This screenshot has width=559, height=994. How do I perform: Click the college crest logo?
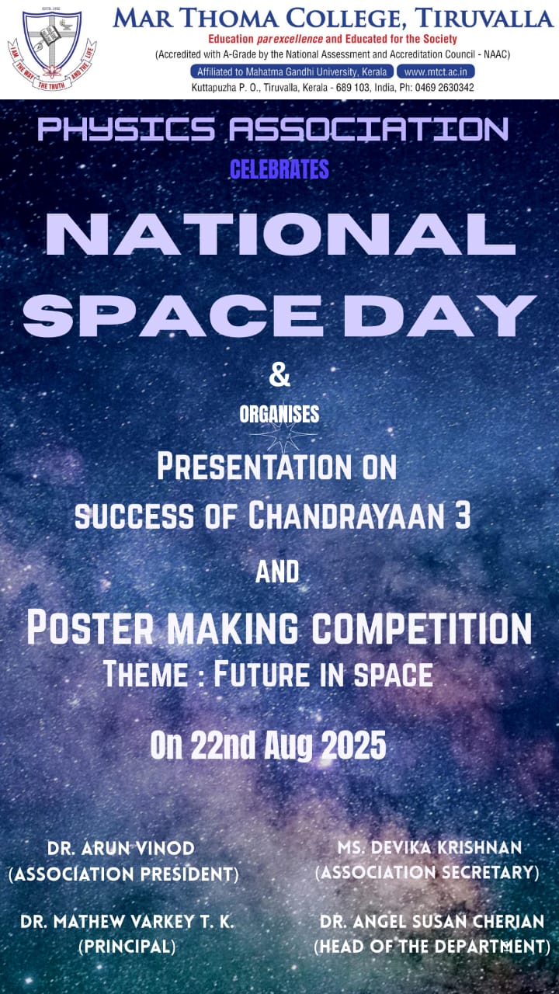52,49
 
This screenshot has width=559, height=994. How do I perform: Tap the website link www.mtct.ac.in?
436,71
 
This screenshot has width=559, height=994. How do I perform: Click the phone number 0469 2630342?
444,88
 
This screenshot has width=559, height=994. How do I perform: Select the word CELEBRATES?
279,169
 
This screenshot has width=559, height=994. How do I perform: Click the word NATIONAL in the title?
280,234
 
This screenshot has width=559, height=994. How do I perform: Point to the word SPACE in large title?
172,315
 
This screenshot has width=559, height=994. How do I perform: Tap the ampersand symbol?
279,375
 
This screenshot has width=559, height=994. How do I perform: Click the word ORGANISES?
279,414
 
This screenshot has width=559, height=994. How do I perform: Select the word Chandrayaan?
345,516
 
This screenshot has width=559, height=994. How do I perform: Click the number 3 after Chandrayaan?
462,516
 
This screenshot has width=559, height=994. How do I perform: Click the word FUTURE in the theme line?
262,674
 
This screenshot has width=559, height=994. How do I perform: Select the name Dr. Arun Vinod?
120,849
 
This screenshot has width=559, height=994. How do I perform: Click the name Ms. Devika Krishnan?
429,847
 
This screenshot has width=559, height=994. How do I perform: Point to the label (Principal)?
127,947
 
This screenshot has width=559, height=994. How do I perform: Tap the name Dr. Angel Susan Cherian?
432,922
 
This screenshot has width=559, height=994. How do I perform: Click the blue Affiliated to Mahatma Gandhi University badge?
292,71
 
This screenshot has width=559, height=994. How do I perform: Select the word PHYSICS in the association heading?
127,130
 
